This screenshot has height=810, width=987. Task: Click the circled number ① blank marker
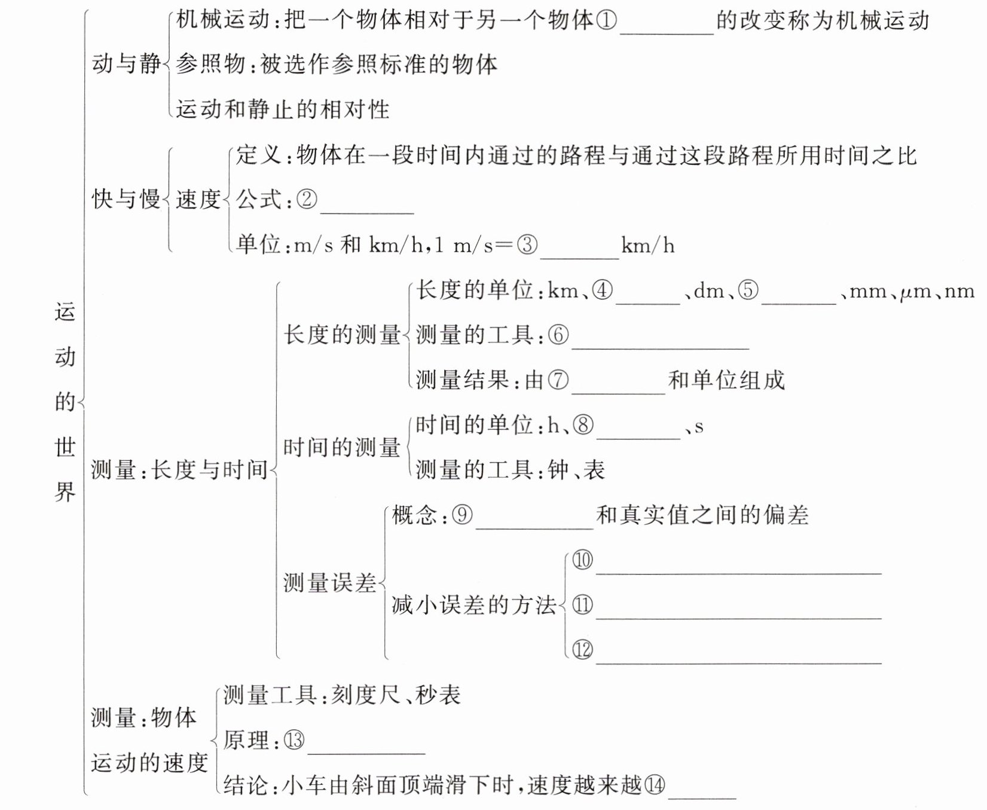(x=606, y=21)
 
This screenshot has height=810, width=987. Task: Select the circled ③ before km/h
(x=527, y=245)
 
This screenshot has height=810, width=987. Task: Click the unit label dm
(x=709, y=291)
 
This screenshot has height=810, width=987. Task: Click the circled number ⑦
(x=558, y=380)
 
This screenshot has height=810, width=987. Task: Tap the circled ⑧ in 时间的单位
(x=583, y=426)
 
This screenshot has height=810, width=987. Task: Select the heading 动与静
(x=126, y=64)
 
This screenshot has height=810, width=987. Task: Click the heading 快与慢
(x=126, y=199)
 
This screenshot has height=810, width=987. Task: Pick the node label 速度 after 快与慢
(x=198, y=199)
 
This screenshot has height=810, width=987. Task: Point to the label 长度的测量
(x=342, y=335)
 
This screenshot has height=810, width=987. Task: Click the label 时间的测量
(x=342, y=447)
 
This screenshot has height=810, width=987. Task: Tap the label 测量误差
(x=330, y=582)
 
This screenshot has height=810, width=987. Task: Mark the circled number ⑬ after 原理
(x=294, y=741)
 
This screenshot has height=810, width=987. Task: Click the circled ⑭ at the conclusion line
(x=655, y=785)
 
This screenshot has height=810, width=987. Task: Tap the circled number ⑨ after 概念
(x=462, y=515)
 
